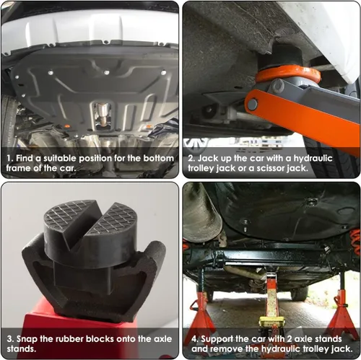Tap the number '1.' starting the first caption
[10, 158]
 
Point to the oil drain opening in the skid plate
[102, 113]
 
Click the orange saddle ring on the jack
[287, 75]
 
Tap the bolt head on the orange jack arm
[252, 105]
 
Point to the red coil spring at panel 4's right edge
[355, 242]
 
